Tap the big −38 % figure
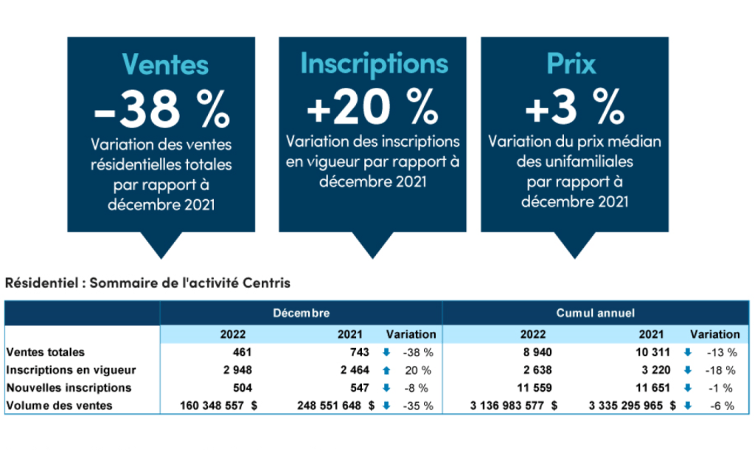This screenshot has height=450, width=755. click(161, 108)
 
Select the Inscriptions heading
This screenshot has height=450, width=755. click(374, 63)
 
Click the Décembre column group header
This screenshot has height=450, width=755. click(301, 314)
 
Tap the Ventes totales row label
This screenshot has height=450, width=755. click(46, 353)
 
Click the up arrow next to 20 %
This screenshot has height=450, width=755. click(386, 370)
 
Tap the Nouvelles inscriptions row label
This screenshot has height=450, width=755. click(69, 388)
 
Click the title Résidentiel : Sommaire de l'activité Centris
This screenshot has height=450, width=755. click(147, 283)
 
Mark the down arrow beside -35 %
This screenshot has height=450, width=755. click(386, 406)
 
